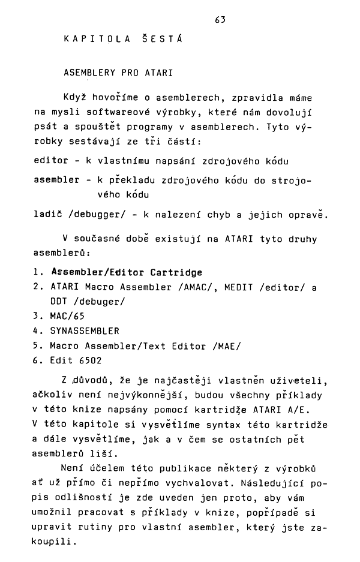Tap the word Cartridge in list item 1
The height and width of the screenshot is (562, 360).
178,272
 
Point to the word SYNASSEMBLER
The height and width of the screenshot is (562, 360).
85,331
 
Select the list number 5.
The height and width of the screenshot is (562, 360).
37,345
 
